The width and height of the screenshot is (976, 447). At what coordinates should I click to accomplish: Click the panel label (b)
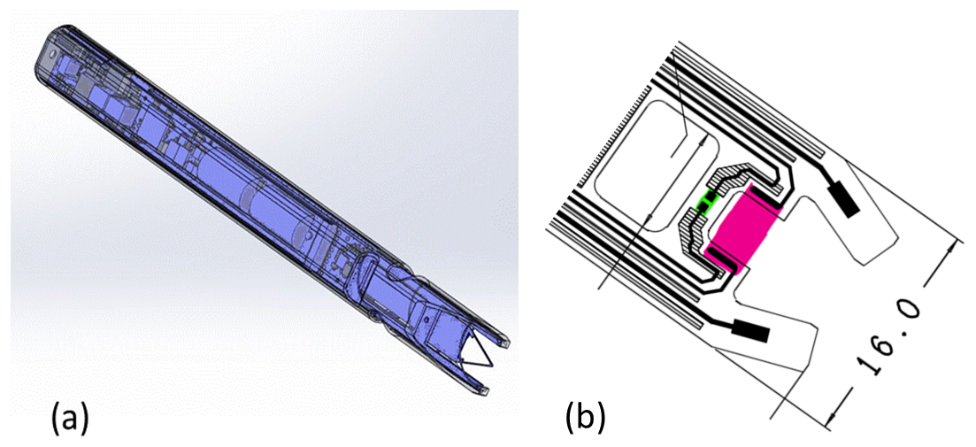[x=585, y=417]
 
